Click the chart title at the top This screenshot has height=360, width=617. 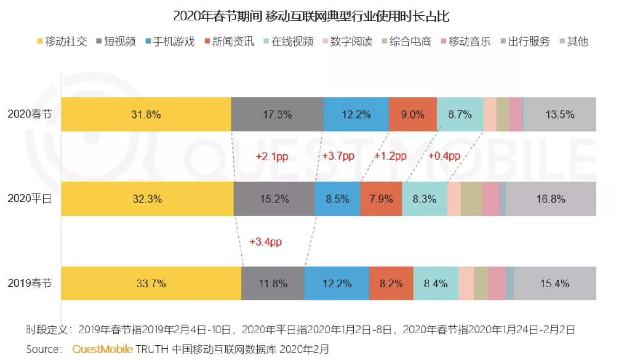click(311, 17)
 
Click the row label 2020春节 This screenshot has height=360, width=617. click(30, 114)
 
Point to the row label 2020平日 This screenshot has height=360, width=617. click(30, 199)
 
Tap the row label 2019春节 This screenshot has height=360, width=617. click(30, 283)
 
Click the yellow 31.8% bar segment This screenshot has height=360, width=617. click(146, 114)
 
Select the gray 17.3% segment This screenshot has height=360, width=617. click(277, 114)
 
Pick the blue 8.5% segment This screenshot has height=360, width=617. click(337, 199)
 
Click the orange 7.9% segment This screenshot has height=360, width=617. click(381, 199)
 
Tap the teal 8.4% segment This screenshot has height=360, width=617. click(436, 283)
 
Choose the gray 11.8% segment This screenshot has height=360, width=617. click(273, 283)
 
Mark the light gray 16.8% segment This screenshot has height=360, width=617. click(550, 199)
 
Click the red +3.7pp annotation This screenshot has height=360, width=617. click(338, 156)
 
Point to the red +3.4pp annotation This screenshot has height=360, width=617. click(265, 242)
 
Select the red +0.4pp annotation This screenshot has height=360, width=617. click(444, 156)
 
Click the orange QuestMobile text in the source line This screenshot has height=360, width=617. click(102, 349)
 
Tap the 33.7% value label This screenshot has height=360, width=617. click(151, 283)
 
